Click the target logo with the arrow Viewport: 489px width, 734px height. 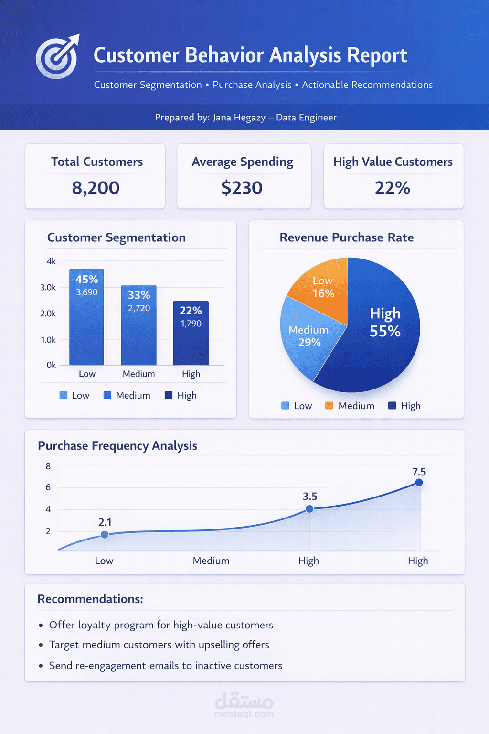pyautogui.click(x=57, y=56)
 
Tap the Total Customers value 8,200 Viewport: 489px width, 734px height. pyautogui.click(x=96, y=188)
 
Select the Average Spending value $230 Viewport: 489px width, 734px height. pyautogui.click(x=242, y=188)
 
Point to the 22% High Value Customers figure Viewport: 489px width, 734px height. pyautogui.click(x=392, y=188)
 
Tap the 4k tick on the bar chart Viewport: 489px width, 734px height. pyautogui.click(x=51, y=261)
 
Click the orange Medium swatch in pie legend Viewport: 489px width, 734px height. pyautogui.click(x=329, y=406)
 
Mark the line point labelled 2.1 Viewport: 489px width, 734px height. pyautogui.click(x=105, y=535)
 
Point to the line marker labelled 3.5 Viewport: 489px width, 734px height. pyautogui.click(x=309, y=509)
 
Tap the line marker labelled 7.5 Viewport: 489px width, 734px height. pyautogui.click(x=419, y=483)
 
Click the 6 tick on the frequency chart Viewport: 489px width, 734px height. pyautogui.click(x=48, y=487)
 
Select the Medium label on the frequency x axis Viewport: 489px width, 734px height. pyautogui.click(x=211, y=561)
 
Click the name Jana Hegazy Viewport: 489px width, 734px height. pyautogui.click(x=239, y=118)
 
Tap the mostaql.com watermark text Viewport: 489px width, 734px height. pyautogui.click(x=244, y=714)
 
